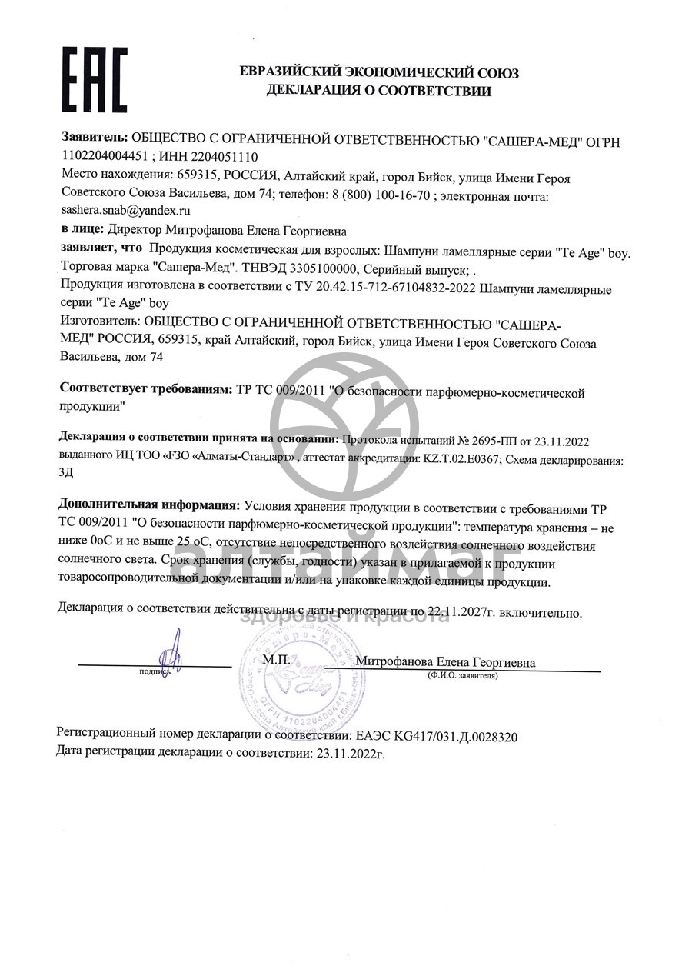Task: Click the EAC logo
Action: pos(95,78)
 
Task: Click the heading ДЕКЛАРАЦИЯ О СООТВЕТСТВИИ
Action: pos(378,91)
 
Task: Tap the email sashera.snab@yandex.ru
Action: pos(126,208)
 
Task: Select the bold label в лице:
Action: pos(82,228)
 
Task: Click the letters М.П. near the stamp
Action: pos(274,660)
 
